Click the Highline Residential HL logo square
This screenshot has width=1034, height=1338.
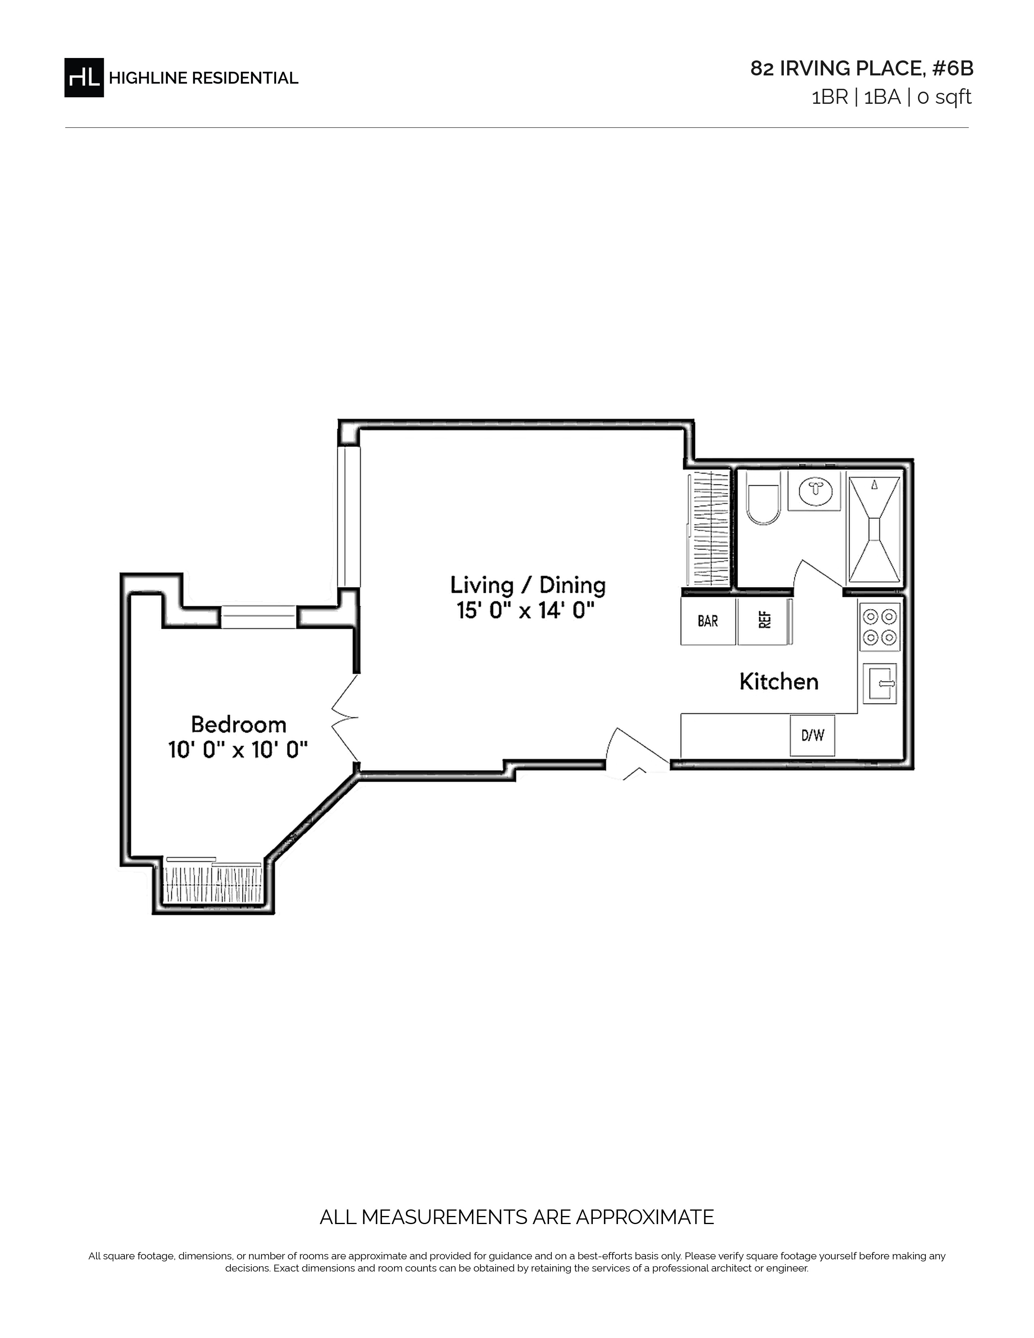(x=84, y=77)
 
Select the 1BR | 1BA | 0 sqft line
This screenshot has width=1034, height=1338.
(x=891, y=97)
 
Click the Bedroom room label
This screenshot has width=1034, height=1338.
(x=239, y=725)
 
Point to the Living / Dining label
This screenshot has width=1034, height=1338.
(x=528, y=585)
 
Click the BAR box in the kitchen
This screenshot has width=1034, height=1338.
(x=708, y=621)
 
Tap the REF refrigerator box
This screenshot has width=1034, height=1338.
(x=764, y=621)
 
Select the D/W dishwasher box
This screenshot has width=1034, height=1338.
(x=812, y=735)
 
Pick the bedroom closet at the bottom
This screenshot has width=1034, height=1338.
(x=214, y=883)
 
